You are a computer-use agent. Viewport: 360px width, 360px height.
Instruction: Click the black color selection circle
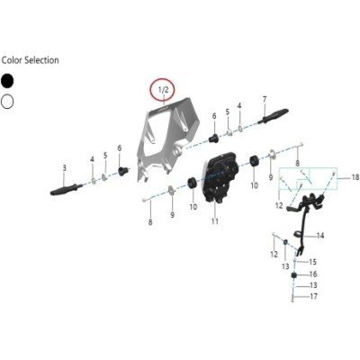coord(7,81)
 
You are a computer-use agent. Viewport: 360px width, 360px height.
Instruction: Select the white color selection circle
coord(7,102)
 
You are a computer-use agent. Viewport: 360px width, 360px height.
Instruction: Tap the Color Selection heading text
coord(30,60)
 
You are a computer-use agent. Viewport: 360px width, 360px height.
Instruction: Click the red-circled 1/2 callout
coord(165,89)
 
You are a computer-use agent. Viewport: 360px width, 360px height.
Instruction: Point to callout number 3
coord(64,168)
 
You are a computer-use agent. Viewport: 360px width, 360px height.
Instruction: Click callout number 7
coord(265,99)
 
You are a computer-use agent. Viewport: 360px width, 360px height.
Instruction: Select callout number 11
coord(215,221)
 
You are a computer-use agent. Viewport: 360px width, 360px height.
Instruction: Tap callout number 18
coord(355,177)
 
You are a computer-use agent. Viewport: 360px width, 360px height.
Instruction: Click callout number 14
coord(320,236)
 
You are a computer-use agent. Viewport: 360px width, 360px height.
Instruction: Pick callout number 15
coord(312,262)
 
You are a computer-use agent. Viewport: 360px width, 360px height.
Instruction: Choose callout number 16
coord(313,274)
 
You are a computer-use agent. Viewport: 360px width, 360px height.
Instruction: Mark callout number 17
coord(313,296)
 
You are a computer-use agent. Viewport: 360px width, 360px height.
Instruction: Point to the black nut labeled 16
coord(294,275)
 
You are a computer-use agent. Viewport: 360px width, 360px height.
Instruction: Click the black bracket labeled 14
coord(303,216)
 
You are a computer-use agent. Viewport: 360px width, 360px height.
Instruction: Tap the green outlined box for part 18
coord(308,179)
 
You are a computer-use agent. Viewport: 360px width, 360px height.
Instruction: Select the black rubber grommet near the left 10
coord(192,183)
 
